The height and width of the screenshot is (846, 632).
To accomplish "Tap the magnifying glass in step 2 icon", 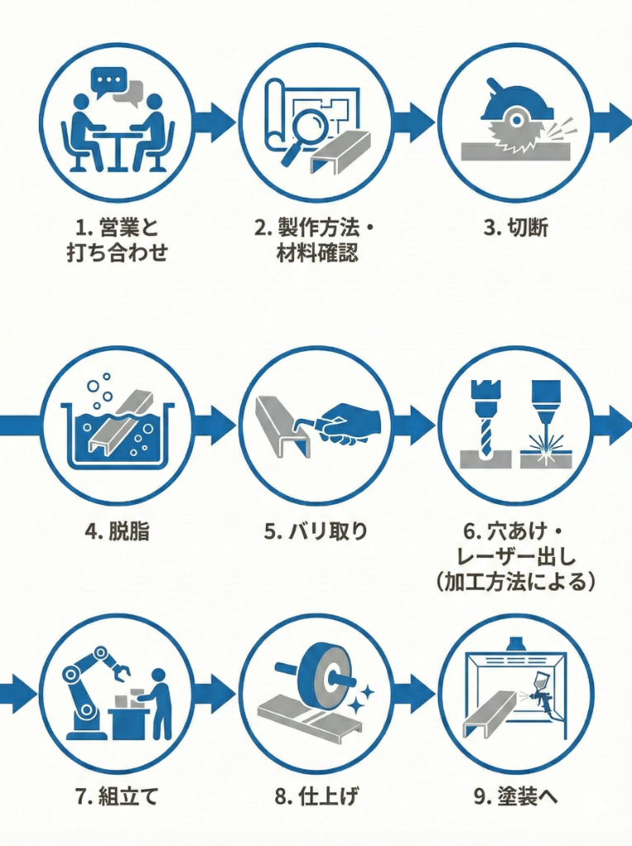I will click(296, 131).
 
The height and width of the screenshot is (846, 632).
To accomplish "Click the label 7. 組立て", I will click(116, 796).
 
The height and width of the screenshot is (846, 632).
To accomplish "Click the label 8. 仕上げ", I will click(316, 796).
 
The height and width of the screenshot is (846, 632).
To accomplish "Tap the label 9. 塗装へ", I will click(516, 796).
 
